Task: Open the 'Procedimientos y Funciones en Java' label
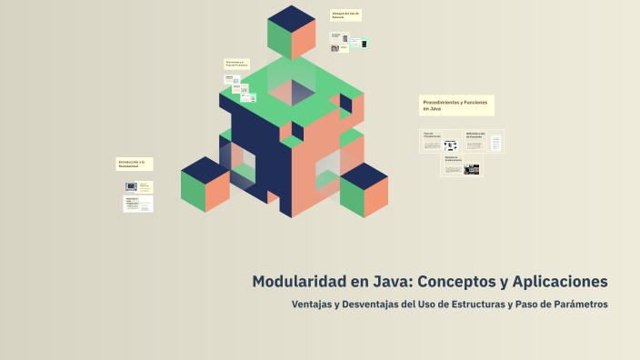(x=456, y=105)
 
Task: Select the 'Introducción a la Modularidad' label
(x=134, y=164)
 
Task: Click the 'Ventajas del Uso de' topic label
(x=346, y=15)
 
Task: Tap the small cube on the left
(x=205, y=185)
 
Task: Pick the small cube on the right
(x=364, y=191)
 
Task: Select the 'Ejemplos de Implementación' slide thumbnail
(x=462, y=166)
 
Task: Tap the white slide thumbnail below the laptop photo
(x=138, y=205)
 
